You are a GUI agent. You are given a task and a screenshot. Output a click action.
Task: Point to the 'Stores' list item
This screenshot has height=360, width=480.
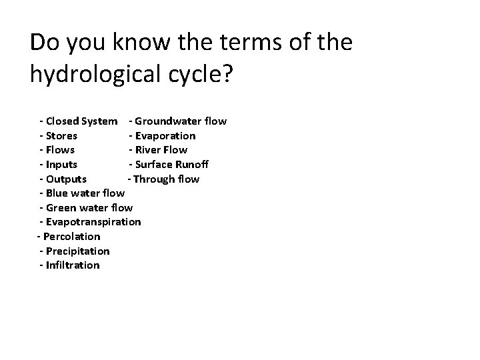[61, 135]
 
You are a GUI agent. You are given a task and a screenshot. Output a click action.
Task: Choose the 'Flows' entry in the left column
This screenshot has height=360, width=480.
[60, 150]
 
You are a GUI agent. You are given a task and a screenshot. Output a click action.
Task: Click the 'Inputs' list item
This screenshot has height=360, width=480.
[61, 165]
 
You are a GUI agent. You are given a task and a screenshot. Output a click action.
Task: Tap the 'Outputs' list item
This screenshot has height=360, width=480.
[66, 179]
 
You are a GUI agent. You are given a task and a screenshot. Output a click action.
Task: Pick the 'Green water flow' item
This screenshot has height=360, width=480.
[89, 208]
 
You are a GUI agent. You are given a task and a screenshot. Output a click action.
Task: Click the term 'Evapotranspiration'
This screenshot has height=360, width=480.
[93, 222]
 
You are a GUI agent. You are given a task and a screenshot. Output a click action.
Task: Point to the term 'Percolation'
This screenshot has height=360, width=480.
[71, 237]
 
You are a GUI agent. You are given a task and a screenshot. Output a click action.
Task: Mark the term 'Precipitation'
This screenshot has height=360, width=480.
[77, 251]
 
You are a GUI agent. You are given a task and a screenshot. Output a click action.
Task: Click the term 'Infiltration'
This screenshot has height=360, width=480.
[73, 265]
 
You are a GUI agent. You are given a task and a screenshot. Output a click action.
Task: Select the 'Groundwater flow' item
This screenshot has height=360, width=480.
[181, 121]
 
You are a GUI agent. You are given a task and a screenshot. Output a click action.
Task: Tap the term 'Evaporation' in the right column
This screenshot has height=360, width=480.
[165, 135]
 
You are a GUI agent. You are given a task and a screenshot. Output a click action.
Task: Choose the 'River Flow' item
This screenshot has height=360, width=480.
[161, 150]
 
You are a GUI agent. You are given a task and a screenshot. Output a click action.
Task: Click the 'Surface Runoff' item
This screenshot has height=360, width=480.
[171, 165]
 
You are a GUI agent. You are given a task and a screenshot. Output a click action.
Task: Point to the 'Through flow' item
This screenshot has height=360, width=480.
[166, 179]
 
